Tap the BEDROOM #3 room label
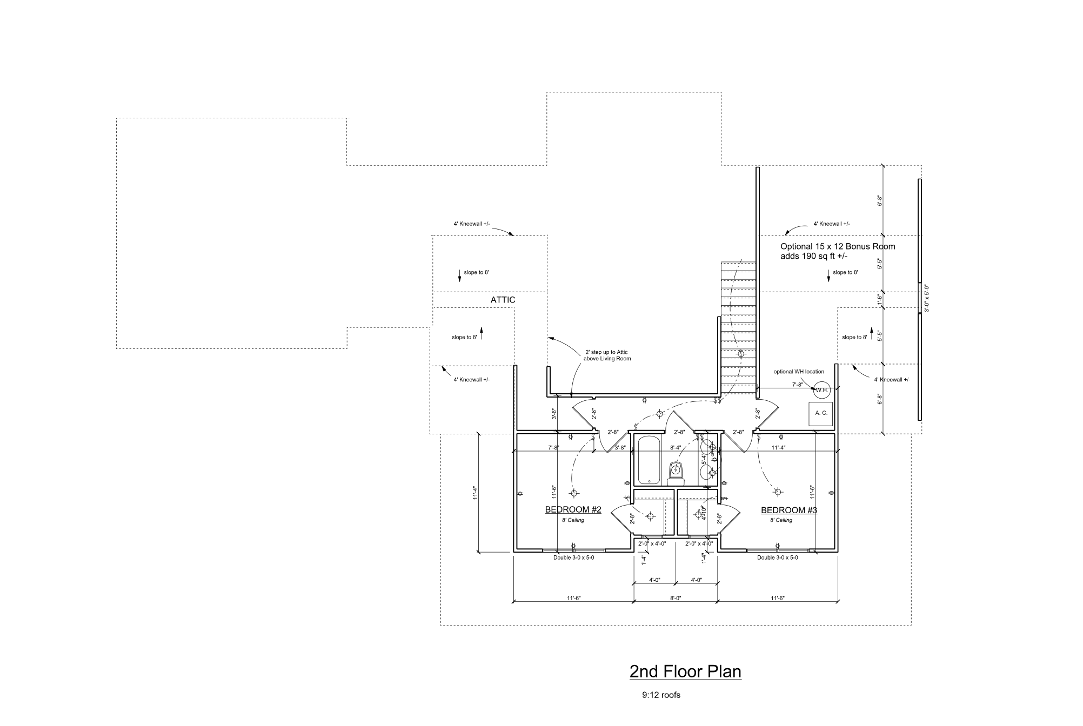pos(788,510)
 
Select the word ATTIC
pos(503,300)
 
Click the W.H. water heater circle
pos(821,390)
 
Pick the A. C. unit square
pos(821,413)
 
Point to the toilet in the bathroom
pos(676,473)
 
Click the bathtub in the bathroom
pos(649,461)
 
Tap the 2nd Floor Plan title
pos(685,671)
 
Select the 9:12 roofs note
pos(661,695)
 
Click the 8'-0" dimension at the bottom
pos(676,599)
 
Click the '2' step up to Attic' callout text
pos(607,355)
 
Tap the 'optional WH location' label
pos(799,372)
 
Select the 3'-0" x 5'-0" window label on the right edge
pos(926,299)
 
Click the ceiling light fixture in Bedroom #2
pos(574,493)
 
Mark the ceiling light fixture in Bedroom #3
pos(777,492)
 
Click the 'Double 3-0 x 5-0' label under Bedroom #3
pos(777,557)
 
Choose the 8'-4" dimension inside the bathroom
pos(675,448)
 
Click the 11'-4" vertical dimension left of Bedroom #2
pos(474,493)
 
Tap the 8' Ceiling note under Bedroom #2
pos(573,520)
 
